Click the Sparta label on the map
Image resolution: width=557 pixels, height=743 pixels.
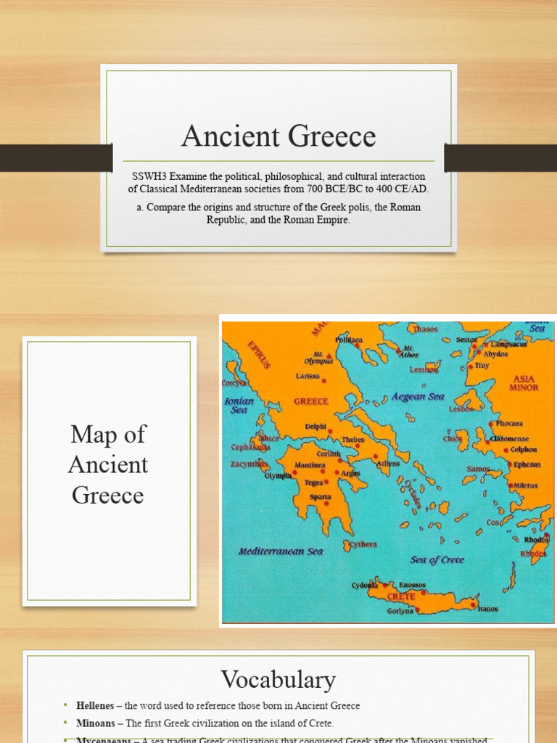321,497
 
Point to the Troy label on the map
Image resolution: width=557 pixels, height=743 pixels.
482,366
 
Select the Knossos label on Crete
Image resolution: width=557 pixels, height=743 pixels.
412,585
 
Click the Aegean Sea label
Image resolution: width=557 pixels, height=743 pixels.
418,397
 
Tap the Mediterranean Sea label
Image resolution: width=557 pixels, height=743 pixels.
281,551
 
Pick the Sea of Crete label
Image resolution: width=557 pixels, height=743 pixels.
437,559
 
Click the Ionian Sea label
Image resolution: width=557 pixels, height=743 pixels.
239,405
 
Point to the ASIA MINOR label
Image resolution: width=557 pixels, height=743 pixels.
524,383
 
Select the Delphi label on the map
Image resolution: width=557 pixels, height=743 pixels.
315,427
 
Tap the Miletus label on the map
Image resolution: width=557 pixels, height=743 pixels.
525,485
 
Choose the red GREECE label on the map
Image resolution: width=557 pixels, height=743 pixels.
310,401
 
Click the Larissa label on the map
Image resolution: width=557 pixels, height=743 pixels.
308,376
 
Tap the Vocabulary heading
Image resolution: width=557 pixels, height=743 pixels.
278,680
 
